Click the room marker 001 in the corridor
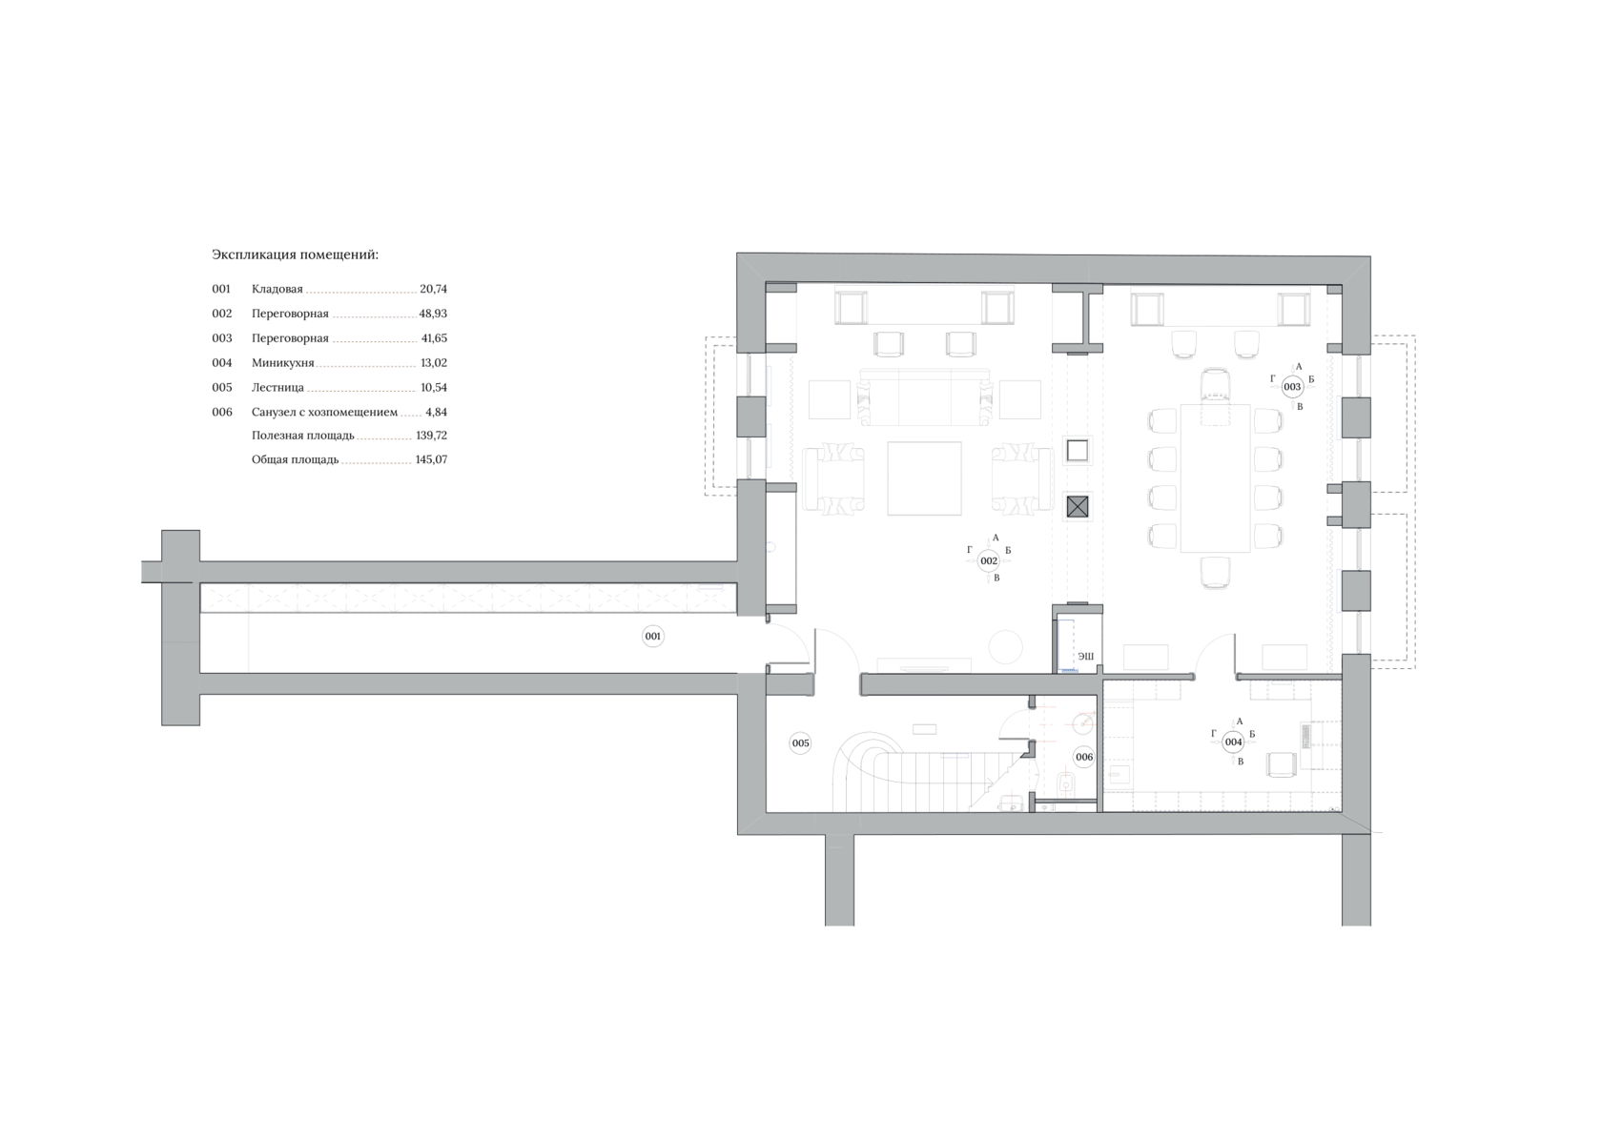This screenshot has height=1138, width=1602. pos(652,636)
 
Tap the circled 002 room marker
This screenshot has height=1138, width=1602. pos(989,561)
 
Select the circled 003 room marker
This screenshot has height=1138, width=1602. pos(1292,387)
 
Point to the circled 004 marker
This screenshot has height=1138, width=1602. pos(1233,742)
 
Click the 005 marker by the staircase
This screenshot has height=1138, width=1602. pos(800,743)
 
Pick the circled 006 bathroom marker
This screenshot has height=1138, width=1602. pos(1083,758)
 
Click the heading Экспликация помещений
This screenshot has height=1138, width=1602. pos(295,255)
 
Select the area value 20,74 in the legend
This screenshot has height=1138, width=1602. pos(433,289)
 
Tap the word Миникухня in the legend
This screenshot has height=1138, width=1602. pos(282,363)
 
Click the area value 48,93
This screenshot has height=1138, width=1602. pos(433,314)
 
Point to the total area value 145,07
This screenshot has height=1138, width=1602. pos(431,459)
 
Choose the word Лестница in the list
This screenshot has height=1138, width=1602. pos(277,388)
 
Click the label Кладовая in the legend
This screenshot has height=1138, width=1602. pos(277,289)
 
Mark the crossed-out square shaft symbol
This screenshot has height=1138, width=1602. pos(1077,506)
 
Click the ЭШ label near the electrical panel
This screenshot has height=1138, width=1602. pos(1085,656)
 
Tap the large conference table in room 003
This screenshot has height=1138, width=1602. pos(1215,478)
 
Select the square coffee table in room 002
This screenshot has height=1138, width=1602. pos(924,478)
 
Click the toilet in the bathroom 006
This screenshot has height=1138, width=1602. pos(1066,786)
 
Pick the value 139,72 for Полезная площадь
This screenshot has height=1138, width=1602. pos(431,436)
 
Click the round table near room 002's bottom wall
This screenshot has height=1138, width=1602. pos(1004,647)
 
